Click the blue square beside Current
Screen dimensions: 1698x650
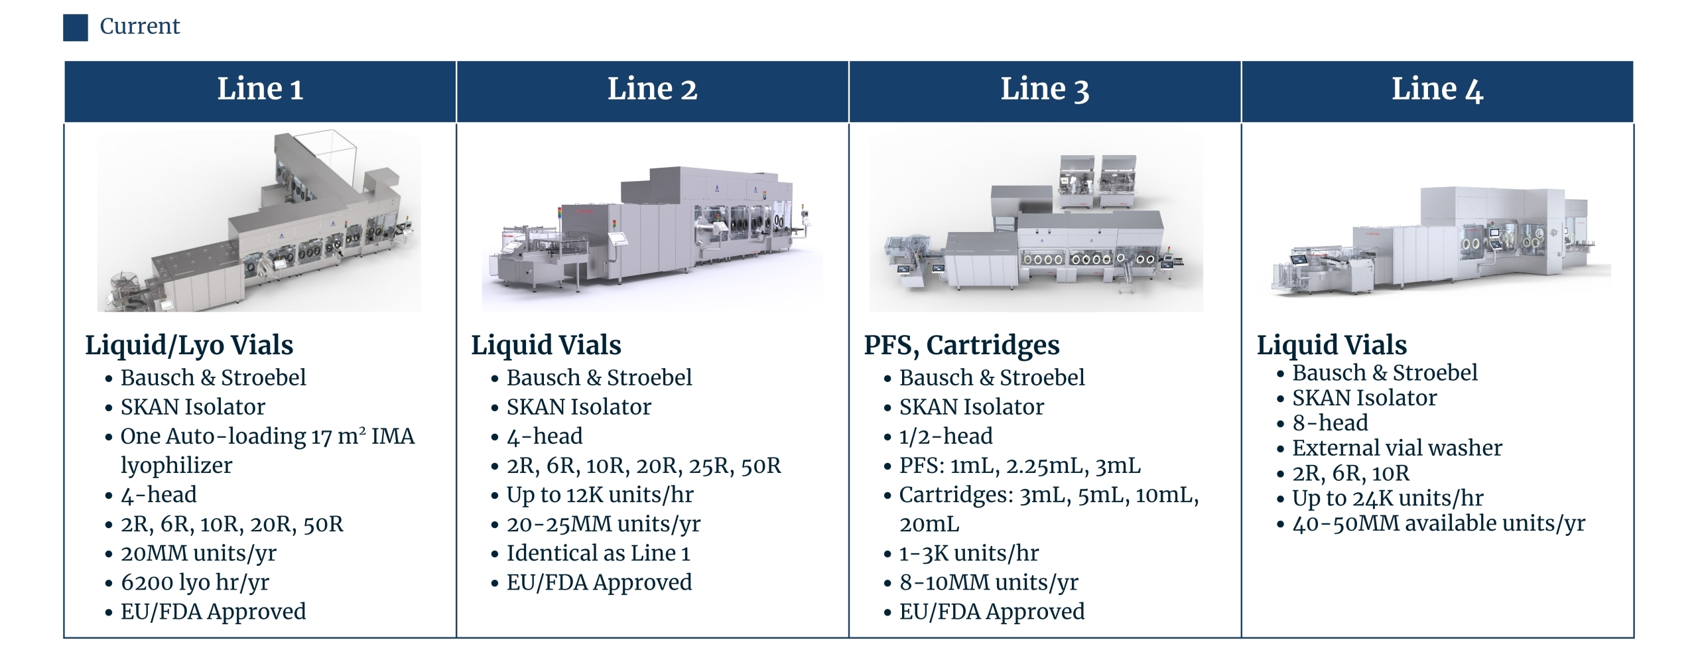[76, 28]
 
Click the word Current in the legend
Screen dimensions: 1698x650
[140, 27]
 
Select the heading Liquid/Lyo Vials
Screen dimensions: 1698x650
[189, 346]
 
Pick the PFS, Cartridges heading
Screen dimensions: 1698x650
[962, 346]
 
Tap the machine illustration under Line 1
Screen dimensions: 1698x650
[259, 222]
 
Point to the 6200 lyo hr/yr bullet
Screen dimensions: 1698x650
[194, 582]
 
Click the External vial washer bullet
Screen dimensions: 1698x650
[1397, 448]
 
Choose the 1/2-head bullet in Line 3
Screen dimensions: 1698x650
[946, 436]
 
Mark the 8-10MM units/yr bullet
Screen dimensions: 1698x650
[988, 582]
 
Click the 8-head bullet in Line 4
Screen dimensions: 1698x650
[1330, 422]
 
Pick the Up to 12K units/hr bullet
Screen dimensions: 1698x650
[600, 495]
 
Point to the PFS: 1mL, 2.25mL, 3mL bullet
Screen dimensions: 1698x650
[1019, 466]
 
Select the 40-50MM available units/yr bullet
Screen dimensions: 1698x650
[1439, 523]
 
